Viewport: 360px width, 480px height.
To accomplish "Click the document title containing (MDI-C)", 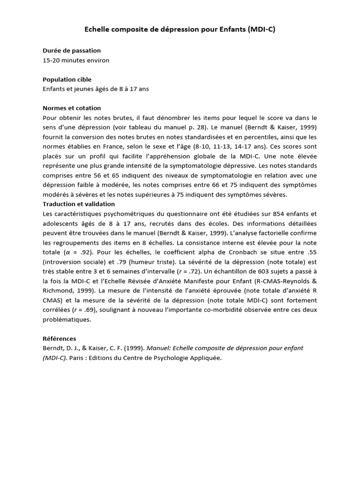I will pyautogui.click(x=180, y=30).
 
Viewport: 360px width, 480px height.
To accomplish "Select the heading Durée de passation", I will pyautogui.click(x=71, y=50).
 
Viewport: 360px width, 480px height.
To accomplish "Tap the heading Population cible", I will pyautogui.click(x=67, y=79).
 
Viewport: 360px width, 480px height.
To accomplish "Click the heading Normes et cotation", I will pyautogui.click(x=72, y=108).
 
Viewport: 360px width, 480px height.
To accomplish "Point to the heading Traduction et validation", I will pyautogui.click(x=79, y=204).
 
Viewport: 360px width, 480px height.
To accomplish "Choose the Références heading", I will pyautogui.click(x=59, y=338).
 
